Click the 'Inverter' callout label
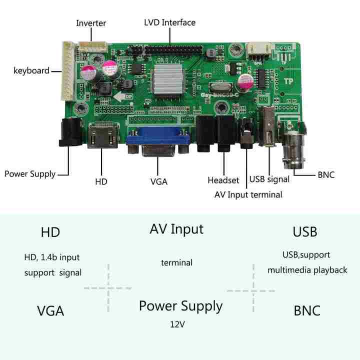click(x=91, y=23)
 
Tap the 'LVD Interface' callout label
click(x=169, y=22)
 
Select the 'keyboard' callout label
click(x=31, y=70)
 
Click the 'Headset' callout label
click(x=223, y=180)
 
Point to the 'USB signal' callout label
click(x=269, y=179)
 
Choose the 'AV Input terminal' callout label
click(x=248, y=194)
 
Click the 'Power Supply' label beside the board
click(x=30, y=174)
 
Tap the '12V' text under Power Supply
click(x=177, y=324)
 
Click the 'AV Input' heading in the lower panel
click(x=176, y=229)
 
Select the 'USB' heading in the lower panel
click(x=304, y=232)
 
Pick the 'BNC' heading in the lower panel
click(x=307, y=310)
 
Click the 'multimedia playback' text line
click(x=307, y=270)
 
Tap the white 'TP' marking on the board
click(x=288, y=81)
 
